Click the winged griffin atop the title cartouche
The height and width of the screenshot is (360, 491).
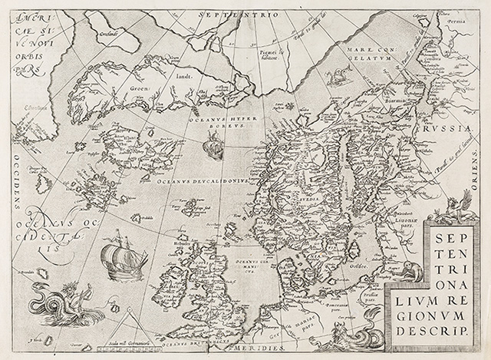461,206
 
